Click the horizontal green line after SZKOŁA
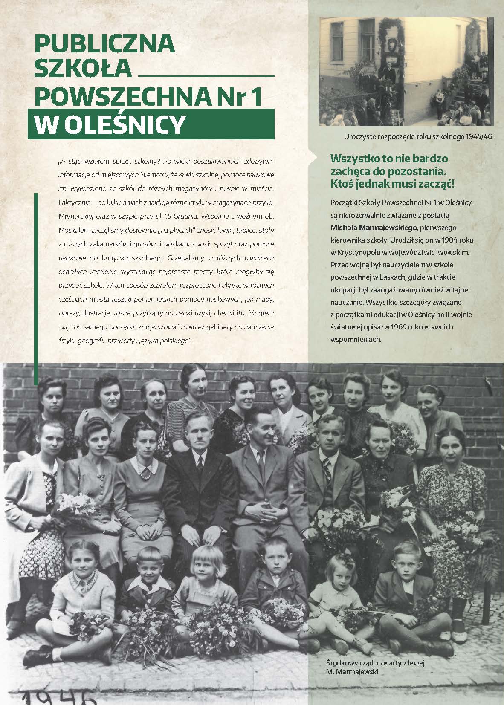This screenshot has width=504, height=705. coord(207,75)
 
